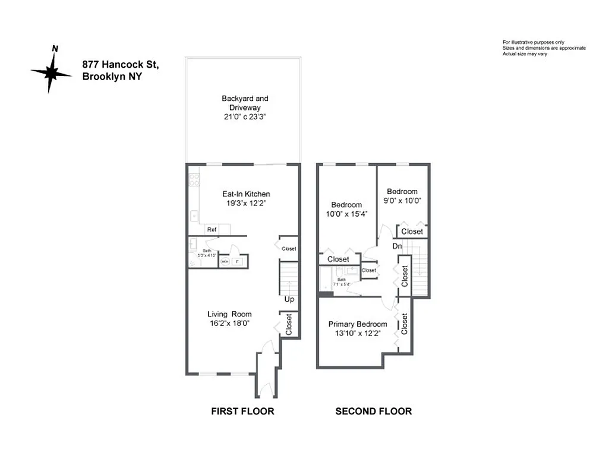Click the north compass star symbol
coord(52,72)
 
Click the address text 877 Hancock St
coord(121,64)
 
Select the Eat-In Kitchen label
coord(246,194)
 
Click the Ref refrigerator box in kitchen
coord(212,230)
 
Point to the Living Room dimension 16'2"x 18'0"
coord(229,324)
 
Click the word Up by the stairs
coord(289,299)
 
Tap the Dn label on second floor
coord(398,246)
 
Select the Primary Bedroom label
coord(358,324)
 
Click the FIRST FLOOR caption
coord(242,411)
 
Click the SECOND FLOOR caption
coord(373,411)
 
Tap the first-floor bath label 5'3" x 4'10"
coord(207,254)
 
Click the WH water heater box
coord(225,261)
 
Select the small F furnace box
coord(238,261)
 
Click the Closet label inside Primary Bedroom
coord(405,324)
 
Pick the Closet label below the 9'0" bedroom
coord(412,232)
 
